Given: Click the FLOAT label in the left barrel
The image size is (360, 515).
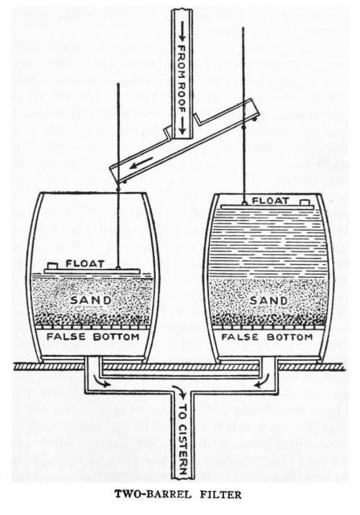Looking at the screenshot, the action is coord(85,264).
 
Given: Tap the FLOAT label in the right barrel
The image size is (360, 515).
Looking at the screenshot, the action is coord(271,200).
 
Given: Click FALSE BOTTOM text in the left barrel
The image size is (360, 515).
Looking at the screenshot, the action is coord(93,337).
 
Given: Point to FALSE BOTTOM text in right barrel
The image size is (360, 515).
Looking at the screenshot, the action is coord(267,337).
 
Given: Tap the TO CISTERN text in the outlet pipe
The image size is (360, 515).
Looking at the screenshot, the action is coord(183,437).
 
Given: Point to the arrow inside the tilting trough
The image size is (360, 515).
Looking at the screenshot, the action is coord(141,163).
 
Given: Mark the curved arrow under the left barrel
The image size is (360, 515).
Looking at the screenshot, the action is coord(100,381).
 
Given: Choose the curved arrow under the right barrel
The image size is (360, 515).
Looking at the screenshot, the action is coord(262,381).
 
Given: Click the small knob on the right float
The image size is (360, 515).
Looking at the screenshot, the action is coord(305,202).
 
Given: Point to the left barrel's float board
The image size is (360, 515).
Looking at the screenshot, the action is coord(92,272).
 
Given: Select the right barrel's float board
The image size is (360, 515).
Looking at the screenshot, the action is coord(268,207).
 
